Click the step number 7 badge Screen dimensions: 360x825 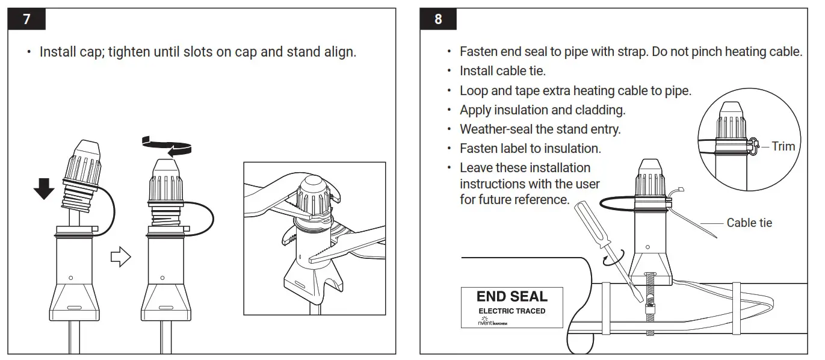26,19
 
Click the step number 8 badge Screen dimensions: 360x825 437,19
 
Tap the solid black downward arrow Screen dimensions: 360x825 44,188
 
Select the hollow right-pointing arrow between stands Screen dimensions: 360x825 121,257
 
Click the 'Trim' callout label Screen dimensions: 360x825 783,146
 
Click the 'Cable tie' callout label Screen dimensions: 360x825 749,223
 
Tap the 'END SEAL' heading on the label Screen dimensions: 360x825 511,296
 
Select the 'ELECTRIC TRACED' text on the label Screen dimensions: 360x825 511,311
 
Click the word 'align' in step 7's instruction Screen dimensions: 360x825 338,52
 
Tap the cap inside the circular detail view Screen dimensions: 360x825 731,125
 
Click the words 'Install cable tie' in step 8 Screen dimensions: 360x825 502,71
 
